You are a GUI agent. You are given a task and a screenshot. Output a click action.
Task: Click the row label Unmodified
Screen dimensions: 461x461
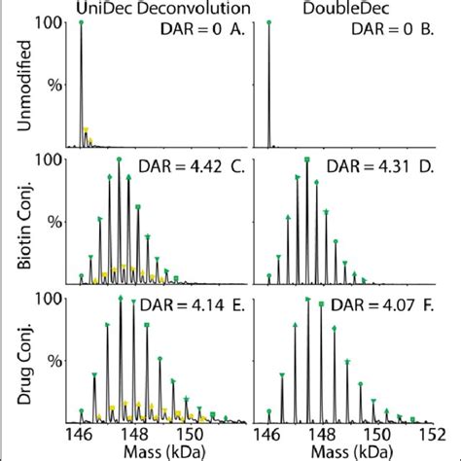click(x=17, y=84)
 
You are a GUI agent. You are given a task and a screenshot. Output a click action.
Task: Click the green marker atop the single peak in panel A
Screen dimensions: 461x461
click(x=81, y=22)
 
